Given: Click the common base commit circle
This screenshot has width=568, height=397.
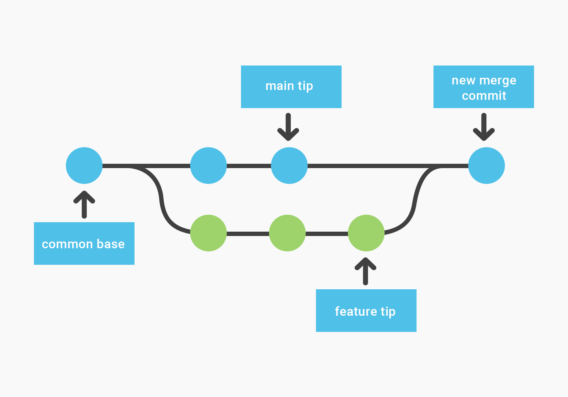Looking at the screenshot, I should pos(84,165).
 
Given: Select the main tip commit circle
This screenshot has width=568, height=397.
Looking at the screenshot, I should pos(289,165).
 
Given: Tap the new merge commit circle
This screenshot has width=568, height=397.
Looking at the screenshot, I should pos(486,165).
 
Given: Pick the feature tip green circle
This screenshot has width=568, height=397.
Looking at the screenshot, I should pos(366,233).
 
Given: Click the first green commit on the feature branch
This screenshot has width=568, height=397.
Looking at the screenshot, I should pos(208,233).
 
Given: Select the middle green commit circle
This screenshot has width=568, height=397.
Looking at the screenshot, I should pos(287,233).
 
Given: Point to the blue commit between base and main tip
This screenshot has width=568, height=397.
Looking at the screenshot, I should pos(208,165).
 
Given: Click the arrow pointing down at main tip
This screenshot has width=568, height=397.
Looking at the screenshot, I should pos(288,127).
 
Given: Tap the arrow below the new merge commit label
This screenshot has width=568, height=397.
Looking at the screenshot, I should pos(484,127).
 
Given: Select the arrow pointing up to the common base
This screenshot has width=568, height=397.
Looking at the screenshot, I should pos(84,204).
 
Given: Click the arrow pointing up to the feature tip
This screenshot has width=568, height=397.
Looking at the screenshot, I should pos(366,271).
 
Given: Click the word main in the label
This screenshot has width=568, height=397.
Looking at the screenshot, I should pos(280,86).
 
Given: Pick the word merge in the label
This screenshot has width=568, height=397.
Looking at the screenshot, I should pos(497,81).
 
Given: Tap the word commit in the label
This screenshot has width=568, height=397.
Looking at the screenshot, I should pos(484,96).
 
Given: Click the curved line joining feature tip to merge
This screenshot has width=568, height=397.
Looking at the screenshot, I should pos(414,201).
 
